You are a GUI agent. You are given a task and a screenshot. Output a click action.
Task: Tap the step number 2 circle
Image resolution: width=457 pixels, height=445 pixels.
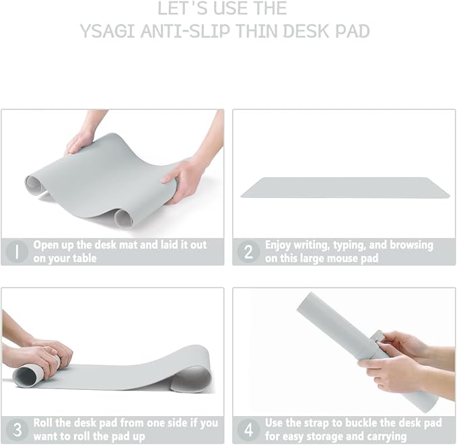pyautogui.click(x=248, y=252)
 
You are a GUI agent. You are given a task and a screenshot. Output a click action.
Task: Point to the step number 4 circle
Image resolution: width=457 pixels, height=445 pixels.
pyautogui.click(x=248, y=430)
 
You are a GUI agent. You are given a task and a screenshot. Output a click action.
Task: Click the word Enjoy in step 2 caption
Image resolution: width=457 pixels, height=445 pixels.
pyautogui.click(x=279, y=245)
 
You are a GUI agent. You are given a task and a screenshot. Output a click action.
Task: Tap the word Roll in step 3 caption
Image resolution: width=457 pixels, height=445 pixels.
pyautogui.click(x=45, y=423)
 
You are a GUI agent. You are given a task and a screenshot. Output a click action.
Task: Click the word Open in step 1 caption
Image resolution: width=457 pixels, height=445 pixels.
pyautogui.click(x=46, y=245)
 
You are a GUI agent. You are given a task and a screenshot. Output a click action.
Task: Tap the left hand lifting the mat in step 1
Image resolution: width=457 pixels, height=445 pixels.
pyautogui.click(x=79, y=141)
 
